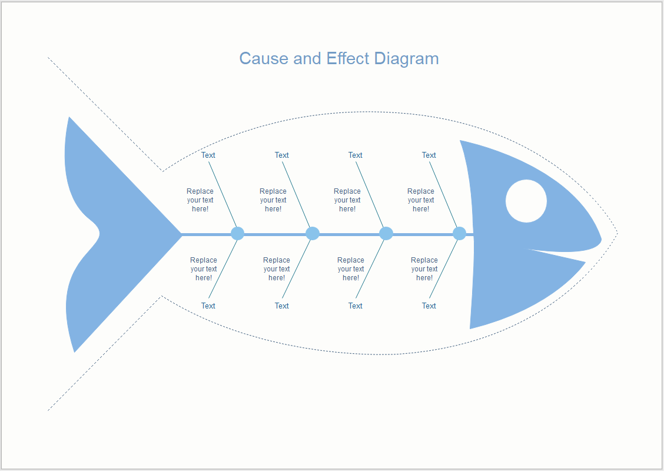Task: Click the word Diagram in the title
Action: pos(406,59)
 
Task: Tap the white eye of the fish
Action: pos(526,201)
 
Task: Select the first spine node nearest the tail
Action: pos(237,233)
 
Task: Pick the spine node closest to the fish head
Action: pos(459,233)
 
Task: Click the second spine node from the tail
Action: pos(313,233)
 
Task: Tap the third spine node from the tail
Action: pos(386,233)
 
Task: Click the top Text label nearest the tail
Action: pos(208,155)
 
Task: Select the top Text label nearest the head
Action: pos(429,155)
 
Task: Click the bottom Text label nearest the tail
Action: pos(208,306)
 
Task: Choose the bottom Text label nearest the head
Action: pos(429,306)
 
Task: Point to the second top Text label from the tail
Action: pos(282,155)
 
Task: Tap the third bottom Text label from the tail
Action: pos(356,306)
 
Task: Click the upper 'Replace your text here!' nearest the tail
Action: pos(200,200)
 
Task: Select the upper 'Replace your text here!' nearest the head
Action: pos(421,200)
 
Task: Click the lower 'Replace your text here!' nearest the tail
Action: pos(204,269)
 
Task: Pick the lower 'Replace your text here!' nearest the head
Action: pos(424,269)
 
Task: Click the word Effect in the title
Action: pos(348,59)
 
